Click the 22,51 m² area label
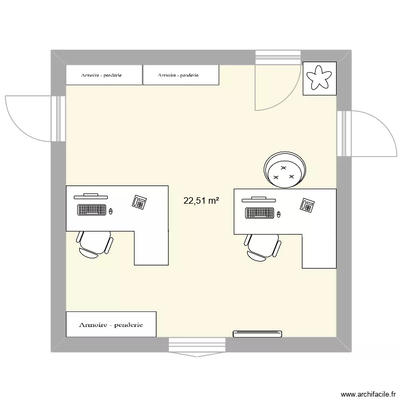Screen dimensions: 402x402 coord(201,201)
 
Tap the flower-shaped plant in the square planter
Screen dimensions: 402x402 coord(319,79)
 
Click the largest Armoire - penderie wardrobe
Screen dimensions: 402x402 coord(111,324)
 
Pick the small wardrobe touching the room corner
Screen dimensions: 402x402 coord(104,75)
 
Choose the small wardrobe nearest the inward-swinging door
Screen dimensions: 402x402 coord(181,75)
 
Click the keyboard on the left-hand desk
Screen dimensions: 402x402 coord(92,210)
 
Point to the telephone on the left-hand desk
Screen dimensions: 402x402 coord(139,202)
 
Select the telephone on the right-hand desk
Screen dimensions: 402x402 coord(308,205)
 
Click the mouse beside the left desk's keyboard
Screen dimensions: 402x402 coord(111,211)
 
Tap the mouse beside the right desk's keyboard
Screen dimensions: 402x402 coord(279,215)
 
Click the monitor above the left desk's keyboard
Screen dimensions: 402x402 coord(90,196)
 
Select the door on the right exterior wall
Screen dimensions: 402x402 coord(370,134)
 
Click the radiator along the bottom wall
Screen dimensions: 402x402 coord(257,334)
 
